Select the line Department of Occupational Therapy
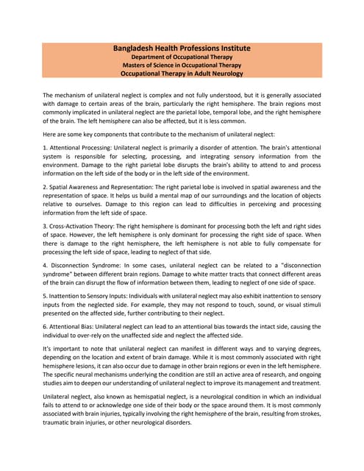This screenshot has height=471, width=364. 182,57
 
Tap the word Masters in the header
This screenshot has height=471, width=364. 137,65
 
